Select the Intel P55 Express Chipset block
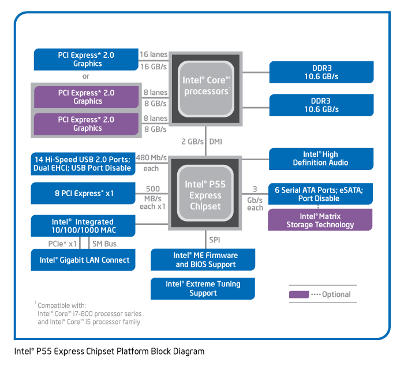206,195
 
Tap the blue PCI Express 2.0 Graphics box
86,59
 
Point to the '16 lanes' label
154,54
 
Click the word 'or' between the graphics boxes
85,76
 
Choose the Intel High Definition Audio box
321,158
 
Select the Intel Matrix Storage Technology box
320,220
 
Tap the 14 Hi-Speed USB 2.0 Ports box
83,163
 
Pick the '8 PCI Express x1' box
83,193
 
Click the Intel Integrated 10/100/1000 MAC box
83,226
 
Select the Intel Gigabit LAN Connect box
83,260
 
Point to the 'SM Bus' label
104,244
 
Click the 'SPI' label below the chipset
215,239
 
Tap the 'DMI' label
215,141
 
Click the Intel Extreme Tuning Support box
203,289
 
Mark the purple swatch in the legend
298,294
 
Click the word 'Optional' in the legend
336,294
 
